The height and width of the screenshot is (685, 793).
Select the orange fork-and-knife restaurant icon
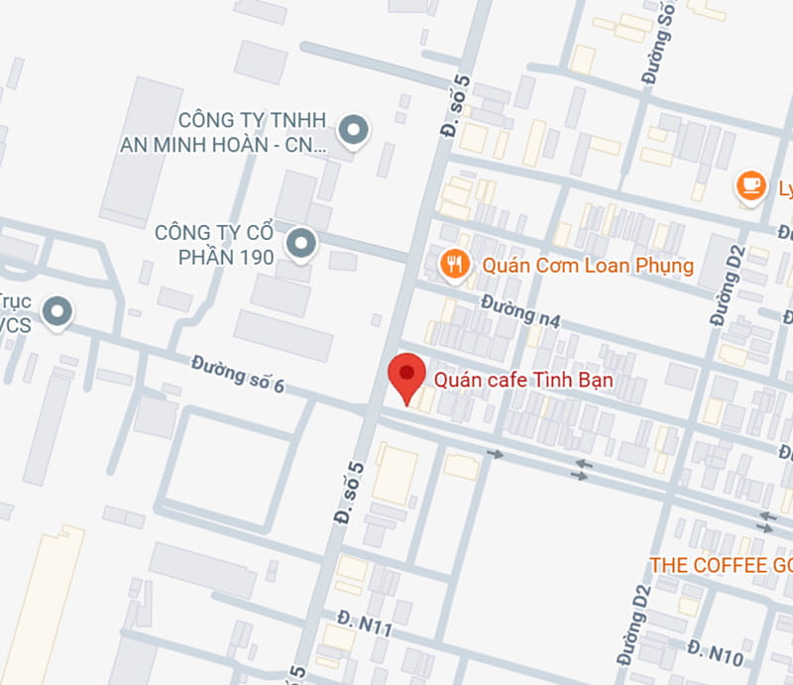455,264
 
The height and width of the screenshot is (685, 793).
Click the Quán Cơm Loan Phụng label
587,266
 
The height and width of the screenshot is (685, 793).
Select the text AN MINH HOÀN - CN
222,145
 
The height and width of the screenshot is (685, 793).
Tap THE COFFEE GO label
720,564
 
